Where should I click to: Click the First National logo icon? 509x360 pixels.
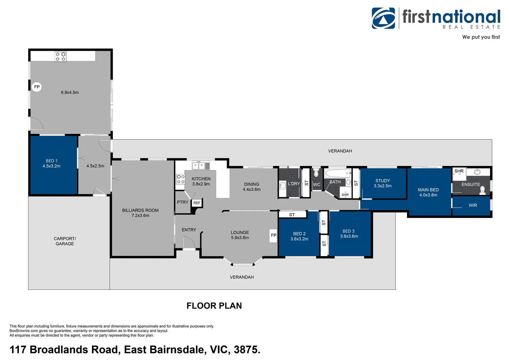coord(383,18)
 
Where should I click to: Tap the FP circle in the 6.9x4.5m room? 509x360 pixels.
coord(37,87)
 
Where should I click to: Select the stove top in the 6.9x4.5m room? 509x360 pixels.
coord(61,56)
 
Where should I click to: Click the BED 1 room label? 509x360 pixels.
coord(52,161)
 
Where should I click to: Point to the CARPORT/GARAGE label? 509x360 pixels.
coord(65,241)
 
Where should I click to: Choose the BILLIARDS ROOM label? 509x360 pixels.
coord(140,210)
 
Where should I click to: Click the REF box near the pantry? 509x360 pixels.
coord(197,203)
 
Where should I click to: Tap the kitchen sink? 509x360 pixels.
coord(199,166)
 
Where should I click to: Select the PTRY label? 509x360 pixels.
coord(183,202)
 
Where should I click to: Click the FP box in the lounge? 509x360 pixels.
coord(273,235)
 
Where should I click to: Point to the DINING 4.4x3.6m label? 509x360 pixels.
coord(252,187)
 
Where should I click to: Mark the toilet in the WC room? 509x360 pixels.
coord(316,173)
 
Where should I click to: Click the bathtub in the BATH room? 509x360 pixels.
coord(337,173)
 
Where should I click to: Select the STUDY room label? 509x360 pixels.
coord(382,181)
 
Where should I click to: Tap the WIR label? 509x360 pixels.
coord(473,205)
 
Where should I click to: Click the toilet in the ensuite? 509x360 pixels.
coord(482,190)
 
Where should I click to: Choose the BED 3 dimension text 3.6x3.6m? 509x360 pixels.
coord(349,236)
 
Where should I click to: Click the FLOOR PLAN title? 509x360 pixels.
coord(214,306)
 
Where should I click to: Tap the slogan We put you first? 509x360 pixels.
coord(481,37)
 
